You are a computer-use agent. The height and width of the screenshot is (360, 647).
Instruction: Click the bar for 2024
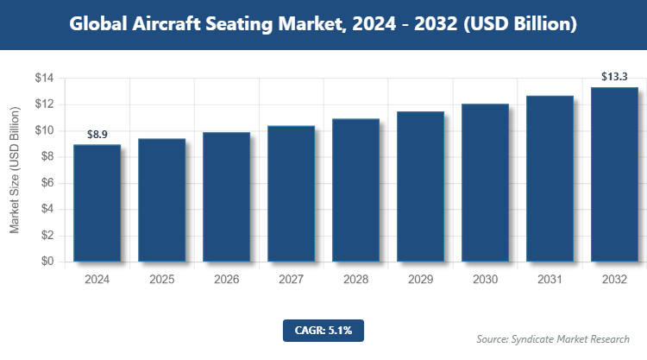[97, 203]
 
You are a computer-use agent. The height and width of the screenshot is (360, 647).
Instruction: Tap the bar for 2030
[485, 182]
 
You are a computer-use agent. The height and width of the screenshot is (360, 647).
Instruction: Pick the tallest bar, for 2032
[614, 174]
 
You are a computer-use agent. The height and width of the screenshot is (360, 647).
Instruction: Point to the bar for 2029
[420, 186]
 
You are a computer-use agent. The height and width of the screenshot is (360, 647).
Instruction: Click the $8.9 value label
[97, 135]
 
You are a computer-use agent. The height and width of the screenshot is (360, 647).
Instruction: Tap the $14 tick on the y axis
[44, 79]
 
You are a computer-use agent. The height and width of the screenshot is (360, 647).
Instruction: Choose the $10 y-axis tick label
[44, 131]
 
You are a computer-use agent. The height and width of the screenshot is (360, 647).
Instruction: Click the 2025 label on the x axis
[161, 280]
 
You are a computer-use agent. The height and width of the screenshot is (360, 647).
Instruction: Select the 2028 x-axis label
[355, 280]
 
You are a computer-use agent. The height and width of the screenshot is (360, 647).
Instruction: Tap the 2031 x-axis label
[550, 280]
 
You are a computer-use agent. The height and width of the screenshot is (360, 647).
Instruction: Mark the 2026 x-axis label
[226, 280]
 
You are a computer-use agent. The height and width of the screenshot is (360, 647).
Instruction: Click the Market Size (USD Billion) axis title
[15, 170]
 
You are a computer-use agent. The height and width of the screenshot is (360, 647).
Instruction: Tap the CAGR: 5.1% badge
[323, 330]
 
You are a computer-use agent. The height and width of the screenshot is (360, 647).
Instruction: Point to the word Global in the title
[101, 24]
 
